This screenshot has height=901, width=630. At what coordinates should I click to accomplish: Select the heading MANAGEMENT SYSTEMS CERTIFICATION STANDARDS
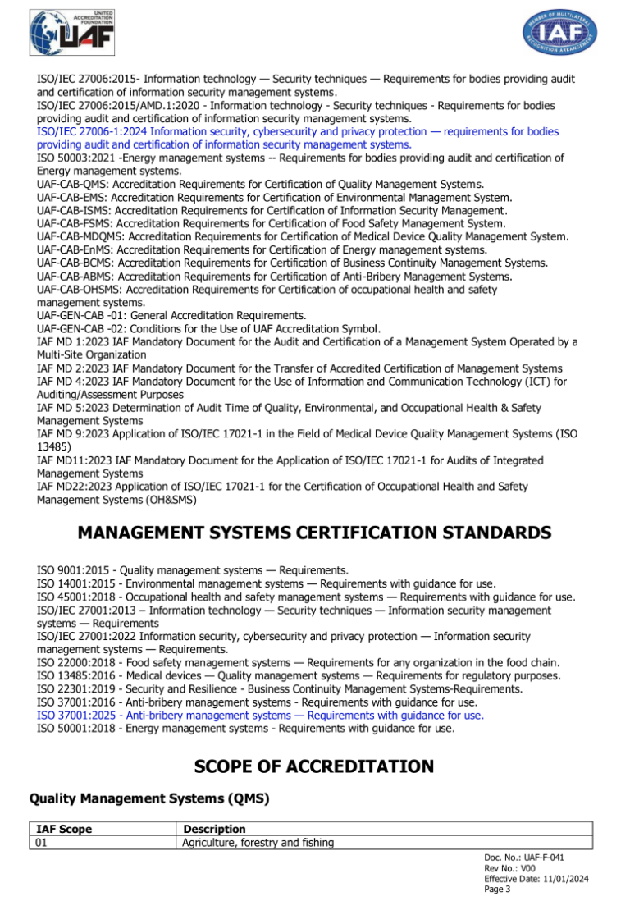314,533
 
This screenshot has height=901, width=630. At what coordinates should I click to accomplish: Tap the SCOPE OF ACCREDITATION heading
314,766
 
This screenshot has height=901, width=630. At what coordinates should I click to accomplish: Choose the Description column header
213,830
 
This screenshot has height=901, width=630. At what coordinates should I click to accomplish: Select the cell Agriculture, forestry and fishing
259,842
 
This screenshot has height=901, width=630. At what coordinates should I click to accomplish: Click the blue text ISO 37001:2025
77,715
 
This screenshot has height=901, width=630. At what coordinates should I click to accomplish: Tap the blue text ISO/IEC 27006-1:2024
92,131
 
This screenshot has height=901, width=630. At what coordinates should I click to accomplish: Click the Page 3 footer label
498,890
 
